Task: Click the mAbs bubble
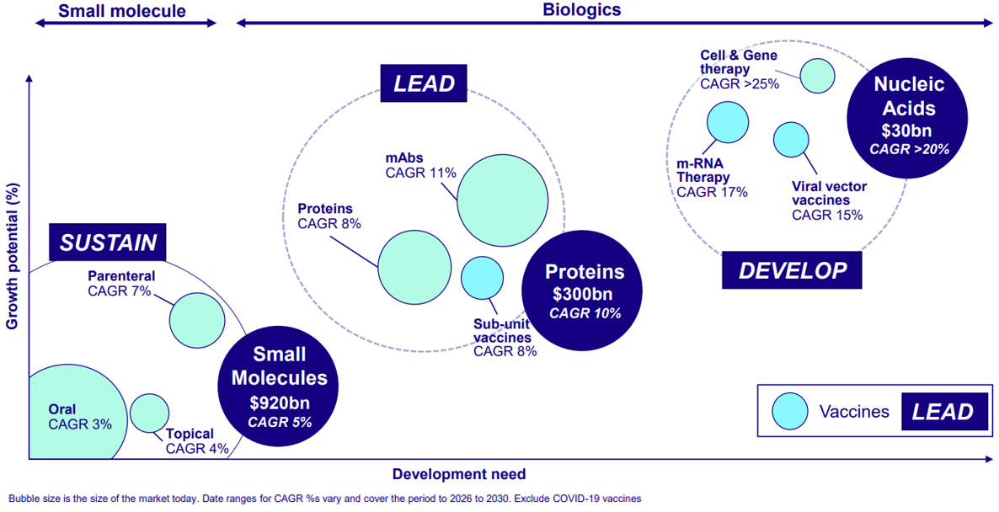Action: click(504, 200)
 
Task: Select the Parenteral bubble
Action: click(197, 320)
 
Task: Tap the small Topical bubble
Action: click(150, 413)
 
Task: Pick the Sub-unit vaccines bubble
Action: click(483, 278)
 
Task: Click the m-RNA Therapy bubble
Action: click(729, 122)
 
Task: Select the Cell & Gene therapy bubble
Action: click(817, 76)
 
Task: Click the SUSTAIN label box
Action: click(109, 242)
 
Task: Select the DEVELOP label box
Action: click(792, 270)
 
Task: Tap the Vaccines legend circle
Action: click(791, 412)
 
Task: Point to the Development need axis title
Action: click(459, 474)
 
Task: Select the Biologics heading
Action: click(582, 9)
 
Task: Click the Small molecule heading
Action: click(122, 11)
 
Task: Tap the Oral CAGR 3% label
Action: click(80, 417)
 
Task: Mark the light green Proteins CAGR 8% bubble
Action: click(415, 268)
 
